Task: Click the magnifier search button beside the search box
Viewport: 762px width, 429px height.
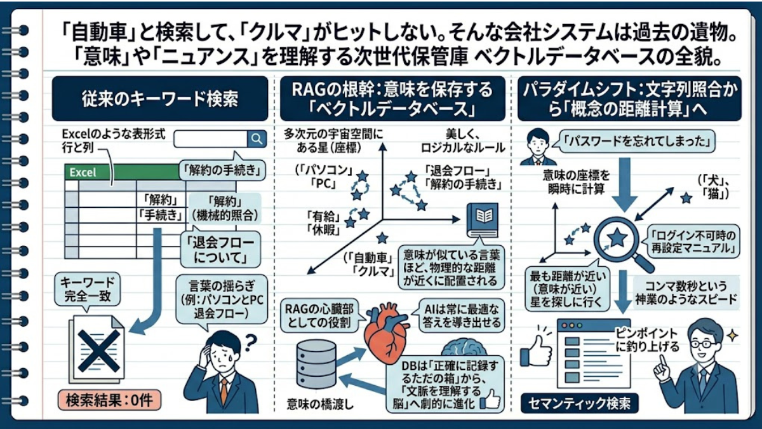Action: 257,139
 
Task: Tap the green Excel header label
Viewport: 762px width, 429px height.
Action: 83,172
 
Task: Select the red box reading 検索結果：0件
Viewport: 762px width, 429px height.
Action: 109,400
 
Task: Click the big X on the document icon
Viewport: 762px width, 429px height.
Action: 99,351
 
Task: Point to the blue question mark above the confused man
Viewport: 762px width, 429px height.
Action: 250,343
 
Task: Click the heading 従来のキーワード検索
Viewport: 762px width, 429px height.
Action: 160,99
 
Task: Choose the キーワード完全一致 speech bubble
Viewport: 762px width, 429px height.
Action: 88,290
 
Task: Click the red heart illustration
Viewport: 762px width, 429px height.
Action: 387,335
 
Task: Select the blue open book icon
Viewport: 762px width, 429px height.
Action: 483,220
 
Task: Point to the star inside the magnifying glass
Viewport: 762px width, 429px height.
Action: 617,238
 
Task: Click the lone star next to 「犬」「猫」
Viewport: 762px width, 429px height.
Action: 686,198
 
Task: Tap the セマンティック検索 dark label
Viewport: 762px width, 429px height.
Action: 580,404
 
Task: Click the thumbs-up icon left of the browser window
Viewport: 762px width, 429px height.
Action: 537,351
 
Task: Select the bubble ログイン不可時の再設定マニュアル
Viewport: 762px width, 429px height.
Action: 693,241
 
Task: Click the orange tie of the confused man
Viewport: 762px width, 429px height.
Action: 224,392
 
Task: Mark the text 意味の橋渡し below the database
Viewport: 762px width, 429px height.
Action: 320,404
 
